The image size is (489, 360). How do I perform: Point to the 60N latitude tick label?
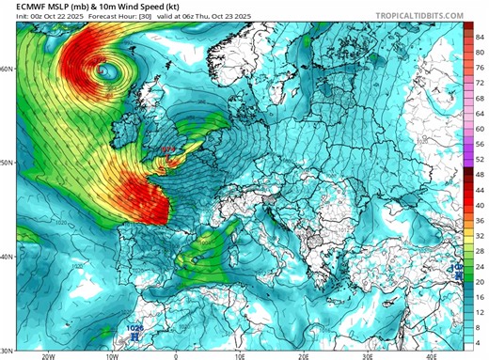(x=7, y=70)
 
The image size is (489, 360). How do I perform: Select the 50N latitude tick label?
(x=7, y=163)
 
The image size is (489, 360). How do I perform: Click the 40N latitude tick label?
(x=7, y=257)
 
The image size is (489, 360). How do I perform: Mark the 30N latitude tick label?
(x=7, y=350)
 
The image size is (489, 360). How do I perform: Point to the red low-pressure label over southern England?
(x=168, y=150)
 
